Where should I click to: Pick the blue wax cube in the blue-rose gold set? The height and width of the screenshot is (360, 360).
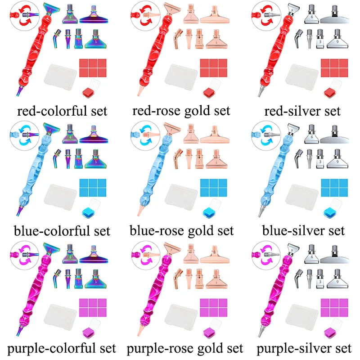(x=210, y=213)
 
